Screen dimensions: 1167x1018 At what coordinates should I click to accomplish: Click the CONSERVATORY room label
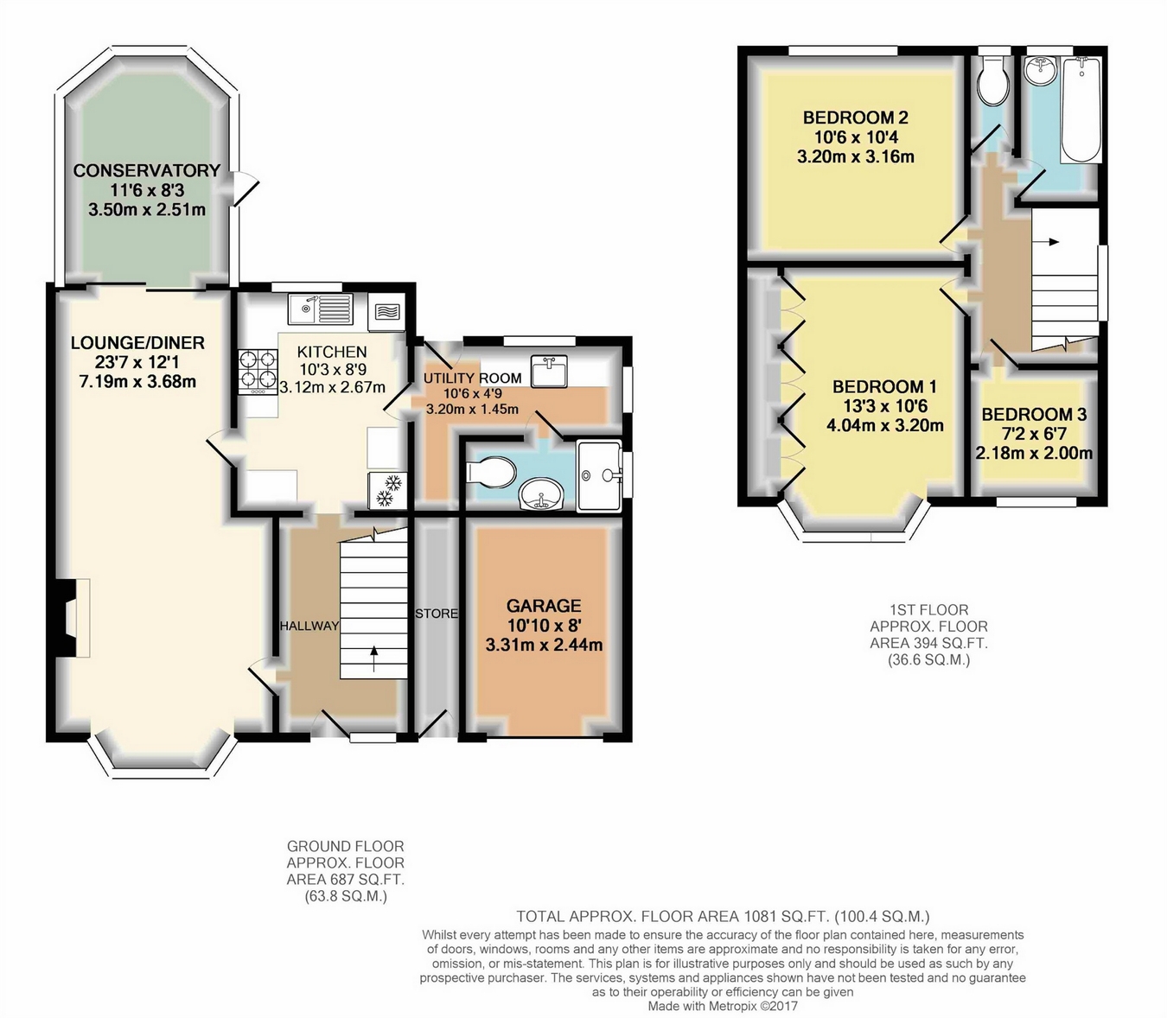point(147,170)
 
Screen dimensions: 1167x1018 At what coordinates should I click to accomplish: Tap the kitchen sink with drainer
point(321,309)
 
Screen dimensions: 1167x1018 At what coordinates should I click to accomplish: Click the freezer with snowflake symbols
point(387,491)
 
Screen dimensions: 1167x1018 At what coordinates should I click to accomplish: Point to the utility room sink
point(549,370)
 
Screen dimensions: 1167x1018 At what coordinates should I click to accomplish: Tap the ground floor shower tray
point(598,475)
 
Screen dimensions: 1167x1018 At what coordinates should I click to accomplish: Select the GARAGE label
point(544,605)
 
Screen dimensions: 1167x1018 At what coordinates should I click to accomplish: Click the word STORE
point(437,614)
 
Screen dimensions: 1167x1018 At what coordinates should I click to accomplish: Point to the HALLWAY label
point(309,626)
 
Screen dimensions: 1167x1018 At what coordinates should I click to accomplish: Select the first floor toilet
point(993,81)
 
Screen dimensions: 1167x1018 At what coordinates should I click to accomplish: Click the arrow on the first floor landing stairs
point(1046,242)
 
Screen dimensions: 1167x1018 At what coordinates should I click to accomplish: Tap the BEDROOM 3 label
point(1034,415)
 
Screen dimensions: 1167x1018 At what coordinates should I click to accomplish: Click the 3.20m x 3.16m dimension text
point(856,156)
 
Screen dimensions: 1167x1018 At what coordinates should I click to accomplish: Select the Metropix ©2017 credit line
point(723,1006)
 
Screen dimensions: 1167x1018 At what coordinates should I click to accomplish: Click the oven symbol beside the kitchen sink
point(387,312)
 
